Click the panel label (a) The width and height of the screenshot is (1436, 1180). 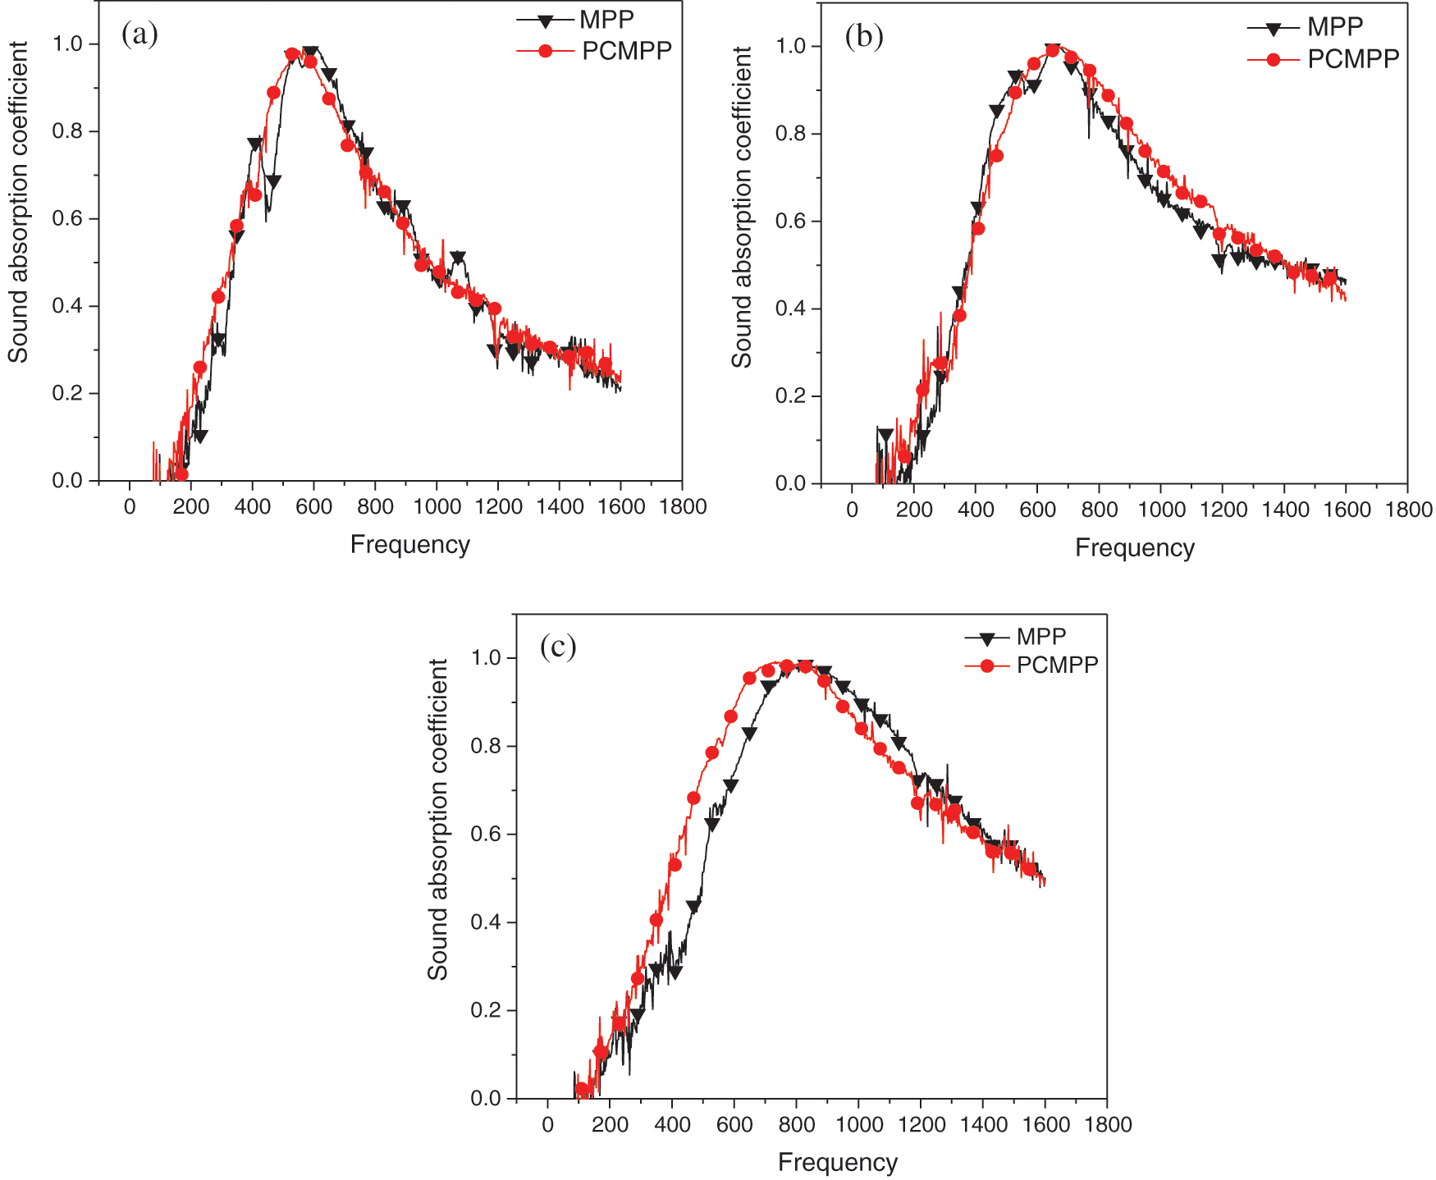tap(139, 34)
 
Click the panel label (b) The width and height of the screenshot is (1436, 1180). tap(864, 38)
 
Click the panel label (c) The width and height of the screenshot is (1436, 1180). tap(558, 647)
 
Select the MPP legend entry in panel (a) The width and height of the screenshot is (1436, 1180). tap(606, 19)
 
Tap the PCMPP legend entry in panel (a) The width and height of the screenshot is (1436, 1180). tap(626, 51)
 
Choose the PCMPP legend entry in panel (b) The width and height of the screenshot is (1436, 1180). tap(1352, 59)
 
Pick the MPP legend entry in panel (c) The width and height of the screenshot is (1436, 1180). tap(1040, 637)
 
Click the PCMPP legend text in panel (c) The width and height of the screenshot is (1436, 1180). tap(1057, 665)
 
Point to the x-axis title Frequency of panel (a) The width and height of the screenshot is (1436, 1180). tap(409, 545)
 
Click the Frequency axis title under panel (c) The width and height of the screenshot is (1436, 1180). tap(837, 1163)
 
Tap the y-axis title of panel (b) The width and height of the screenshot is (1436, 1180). tap(742, 207)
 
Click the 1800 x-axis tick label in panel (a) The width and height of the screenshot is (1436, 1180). tap(683, 507)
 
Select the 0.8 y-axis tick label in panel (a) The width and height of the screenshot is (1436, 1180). tap(68, 131)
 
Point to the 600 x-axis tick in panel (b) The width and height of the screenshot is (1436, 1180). tap(1037, 510)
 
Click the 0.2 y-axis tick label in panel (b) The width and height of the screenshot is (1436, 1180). tap(791, 396)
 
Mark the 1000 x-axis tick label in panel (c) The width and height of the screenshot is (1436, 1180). tap(858, 1125)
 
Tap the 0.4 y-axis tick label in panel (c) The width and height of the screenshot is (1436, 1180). tap(487, 922)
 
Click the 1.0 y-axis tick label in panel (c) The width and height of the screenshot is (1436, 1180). tap(487, 658)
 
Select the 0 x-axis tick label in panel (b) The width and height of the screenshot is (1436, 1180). tap(852, 510)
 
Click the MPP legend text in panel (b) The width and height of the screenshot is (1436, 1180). tap(1335, 27)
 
